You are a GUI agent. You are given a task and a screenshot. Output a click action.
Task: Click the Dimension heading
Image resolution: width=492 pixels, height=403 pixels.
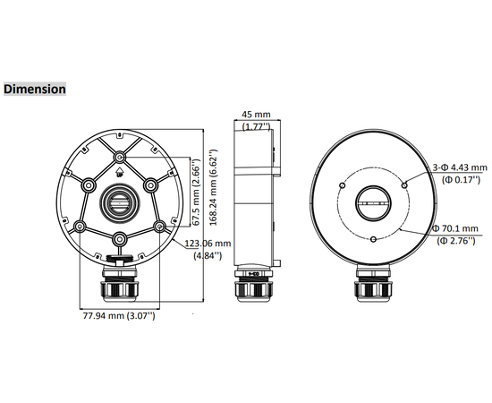tap(35, 90)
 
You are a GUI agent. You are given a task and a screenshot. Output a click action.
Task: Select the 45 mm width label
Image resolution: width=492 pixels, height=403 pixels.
tap(256, 115)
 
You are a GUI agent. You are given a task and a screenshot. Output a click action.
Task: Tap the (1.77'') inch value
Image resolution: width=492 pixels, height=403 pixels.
tap(256, 127)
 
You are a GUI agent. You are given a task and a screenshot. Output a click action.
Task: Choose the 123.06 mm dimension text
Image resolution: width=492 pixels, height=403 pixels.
tap(208, 243)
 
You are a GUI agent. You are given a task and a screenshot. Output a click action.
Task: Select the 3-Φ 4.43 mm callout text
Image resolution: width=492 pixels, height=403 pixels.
tap(461, 167)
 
